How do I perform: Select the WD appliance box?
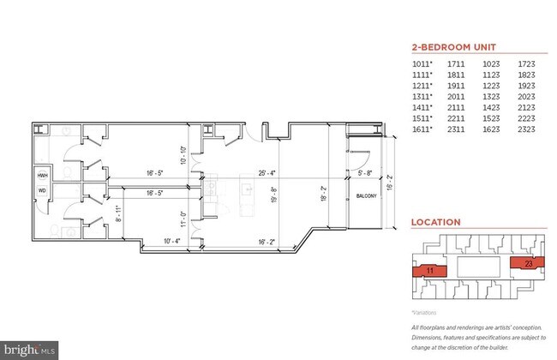tap(41, 190)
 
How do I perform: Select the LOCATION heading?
tap(435, 222)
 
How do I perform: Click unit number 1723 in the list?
tap(525, 63)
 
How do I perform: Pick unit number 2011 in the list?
tap(458, 96)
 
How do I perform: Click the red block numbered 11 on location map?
tap(430, 270)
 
